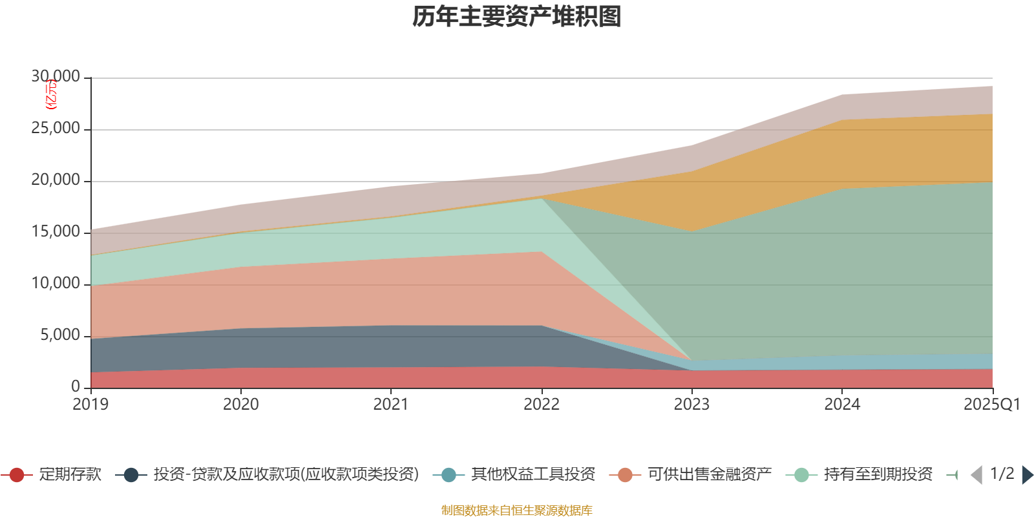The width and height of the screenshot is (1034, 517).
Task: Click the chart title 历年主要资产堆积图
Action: coord(517,17)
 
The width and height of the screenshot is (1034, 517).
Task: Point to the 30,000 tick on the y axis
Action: coord(56,77)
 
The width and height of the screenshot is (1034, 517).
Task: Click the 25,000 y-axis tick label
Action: coord(56,129)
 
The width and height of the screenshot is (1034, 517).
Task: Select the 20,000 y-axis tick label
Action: coord(56,180)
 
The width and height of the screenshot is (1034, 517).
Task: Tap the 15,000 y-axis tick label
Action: coord(56,232)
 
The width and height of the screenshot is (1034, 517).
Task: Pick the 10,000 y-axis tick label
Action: coord(56,284)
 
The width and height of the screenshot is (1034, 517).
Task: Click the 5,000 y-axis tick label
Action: coord(60,335)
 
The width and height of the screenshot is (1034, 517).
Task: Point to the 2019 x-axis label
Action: coord(90,405)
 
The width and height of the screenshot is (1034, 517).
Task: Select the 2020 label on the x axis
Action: coord(240,405)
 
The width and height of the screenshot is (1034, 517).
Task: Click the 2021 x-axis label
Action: coord(391,405)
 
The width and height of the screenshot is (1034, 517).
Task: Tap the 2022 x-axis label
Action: coord(542,405)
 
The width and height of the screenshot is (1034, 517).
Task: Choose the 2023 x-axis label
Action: coord(691,405)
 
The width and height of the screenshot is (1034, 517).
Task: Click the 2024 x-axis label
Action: coord(842,405)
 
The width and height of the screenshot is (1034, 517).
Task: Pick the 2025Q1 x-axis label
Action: coord(991,405)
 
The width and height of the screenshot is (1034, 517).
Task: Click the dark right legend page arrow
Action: coord(1027,475)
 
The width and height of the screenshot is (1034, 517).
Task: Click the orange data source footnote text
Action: coord(517,511)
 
